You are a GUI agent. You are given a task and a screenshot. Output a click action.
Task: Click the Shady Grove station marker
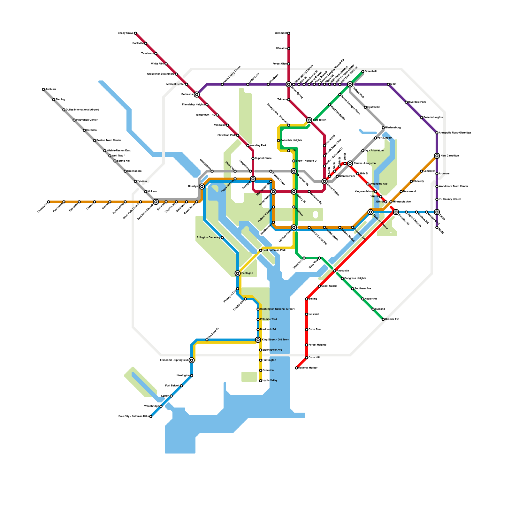point(135,33)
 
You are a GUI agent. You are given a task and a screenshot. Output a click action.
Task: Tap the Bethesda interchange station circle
point(197,95)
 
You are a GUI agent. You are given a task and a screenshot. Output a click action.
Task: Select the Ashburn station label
point(50,89)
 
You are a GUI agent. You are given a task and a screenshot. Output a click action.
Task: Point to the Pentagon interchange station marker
point(238,273)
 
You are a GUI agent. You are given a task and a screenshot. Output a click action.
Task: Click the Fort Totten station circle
point(309,120)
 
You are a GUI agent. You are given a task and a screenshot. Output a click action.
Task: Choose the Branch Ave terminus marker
point(383,319)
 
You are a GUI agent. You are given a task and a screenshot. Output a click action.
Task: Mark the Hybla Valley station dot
point(261,381)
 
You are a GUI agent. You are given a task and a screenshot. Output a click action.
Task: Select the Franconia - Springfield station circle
point(192,360)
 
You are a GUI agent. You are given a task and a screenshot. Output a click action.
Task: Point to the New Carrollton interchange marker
point(437,156)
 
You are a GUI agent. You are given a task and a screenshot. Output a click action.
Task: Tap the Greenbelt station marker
point(363,72)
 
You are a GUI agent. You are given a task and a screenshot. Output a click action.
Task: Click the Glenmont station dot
point(289,33)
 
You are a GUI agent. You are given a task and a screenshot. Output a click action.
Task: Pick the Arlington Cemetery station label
point(208,238)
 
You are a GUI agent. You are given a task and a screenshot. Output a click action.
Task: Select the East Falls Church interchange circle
point(156,202)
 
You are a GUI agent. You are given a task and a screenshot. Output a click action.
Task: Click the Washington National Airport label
point(277,309)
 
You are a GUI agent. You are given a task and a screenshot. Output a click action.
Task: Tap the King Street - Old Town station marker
point(258,340)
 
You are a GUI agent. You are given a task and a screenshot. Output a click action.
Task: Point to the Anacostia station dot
point(335,271)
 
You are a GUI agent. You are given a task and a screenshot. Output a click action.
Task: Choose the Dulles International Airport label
point(82,110)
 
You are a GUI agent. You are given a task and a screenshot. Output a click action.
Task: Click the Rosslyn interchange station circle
point(202,187)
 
